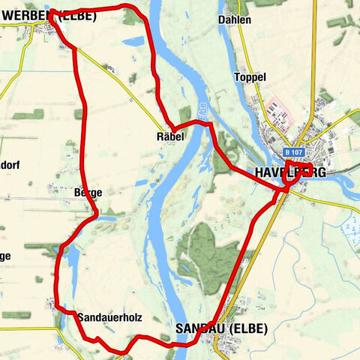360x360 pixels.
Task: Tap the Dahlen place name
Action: click(235, 19)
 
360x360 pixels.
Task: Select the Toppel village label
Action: click(250, 78)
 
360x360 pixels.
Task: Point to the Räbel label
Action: click(170, 137)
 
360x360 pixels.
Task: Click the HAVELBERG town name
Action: click(290, 172)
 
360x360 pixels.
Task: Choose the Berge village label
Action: click(88, 193)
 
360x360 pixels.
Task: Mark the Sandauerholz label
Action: click(109, 317)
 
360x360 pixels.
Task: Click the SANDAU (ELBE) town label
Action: click(219, 328)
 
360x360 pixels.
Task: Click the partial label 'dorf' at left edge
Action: click(9, 165)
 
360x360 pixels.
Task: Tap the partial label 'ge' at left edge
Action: click(5, 256)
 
